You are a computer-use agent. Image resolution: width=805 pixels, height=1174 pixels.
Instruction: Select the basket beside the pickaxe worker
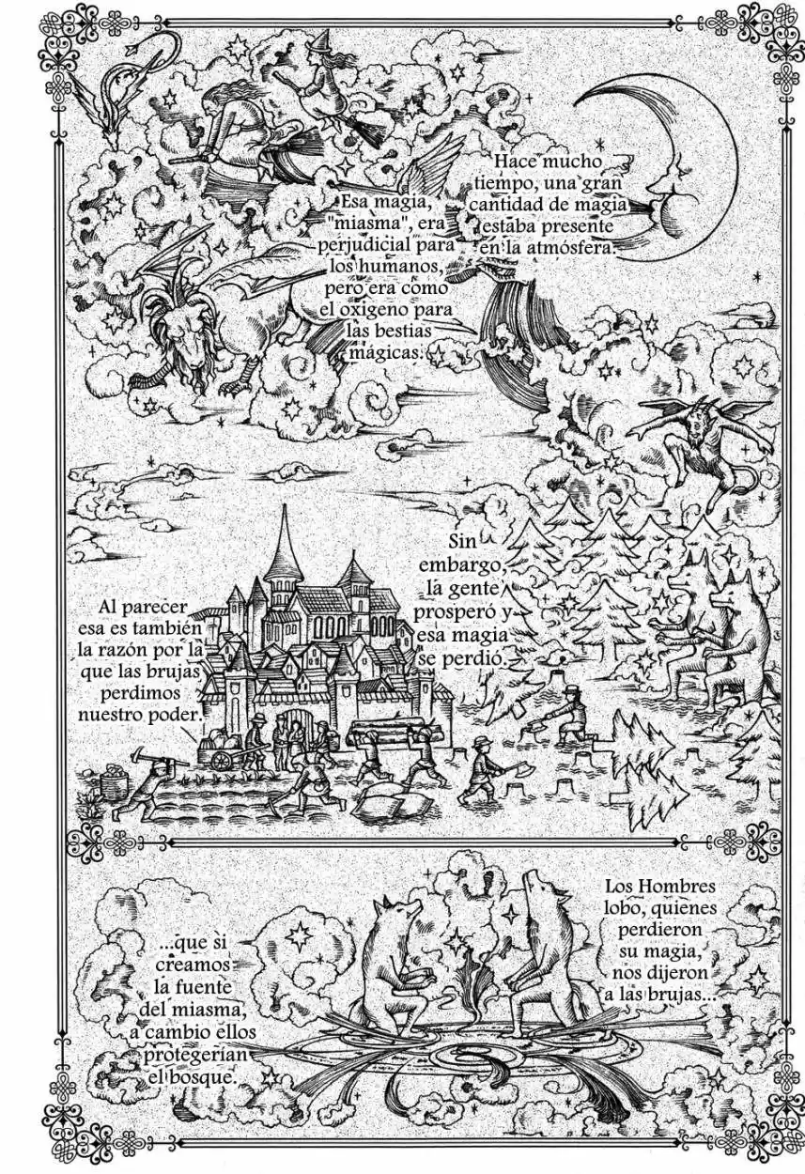click(112, 780)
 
